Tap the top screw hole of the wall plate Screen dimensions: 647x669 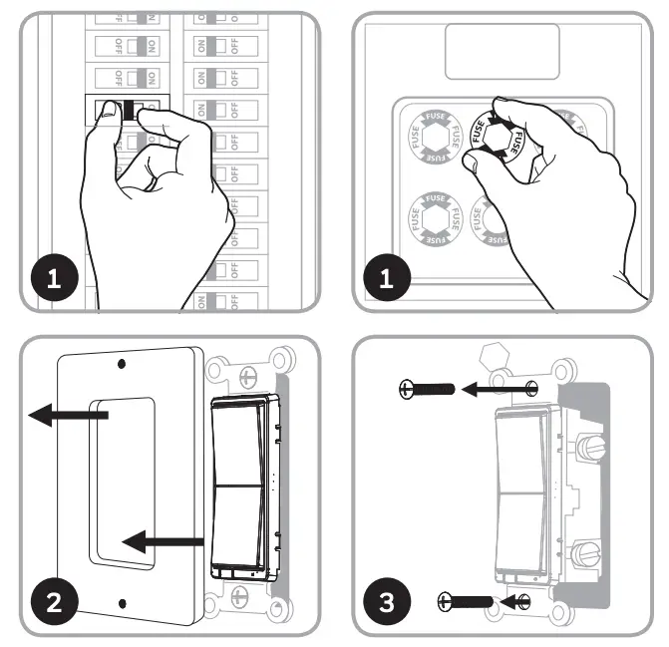(x=122, y=365)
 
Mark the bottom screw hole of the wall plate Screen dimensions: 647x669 (x=122, y=602)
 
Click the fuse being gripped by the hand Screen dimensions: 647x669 (x=495, y=139)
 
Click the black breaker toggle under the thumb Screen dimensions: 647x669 (x=127, y=111)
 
